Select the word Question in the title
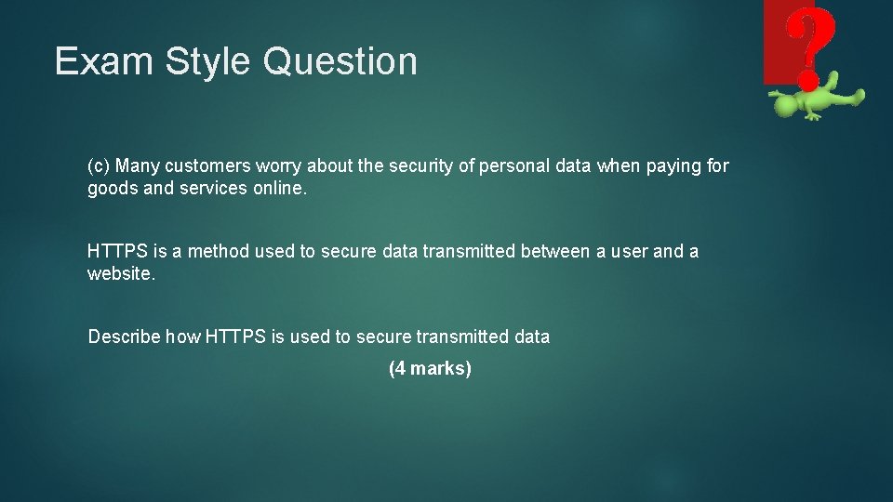point(340,61)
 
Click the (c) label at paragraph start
point(99,166)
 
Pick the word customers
point(201,166)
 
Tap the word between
point(552,251)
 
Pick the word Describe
point(124,337)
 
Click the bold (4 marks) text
point(430,368)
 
